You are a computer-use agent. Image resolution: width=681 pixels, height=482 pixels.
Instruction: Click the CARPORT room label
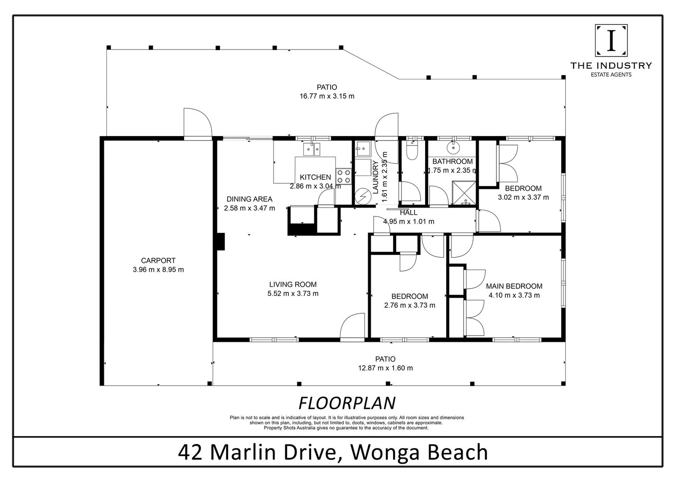point(158,261)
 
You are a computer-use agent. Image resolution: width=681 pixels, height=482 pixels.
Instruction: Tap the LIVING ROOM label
point(293,284)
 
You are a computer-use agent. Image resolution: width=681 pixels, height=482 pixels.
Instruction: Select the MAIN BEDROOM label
point(514,286)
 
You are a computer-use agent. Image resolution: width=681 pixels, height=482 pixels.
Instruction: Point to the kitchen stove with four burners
point(344,176)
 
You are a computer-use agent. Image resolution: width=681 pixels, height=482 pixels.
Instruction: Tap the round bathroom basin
point(453,148)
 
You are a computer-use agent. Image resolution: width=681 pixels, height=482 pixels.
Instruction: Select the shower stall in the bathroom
point(464,193)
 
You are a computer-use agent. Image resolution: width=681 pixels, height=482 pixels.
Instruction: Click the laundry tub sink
point(363,149)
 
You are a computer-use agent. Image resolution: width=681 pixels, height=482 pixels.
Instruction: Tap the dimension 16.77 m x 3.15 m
point(327,96)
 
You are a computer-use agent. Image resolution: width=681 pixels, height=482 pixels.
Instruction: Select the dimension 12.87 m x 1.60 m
point(385,368)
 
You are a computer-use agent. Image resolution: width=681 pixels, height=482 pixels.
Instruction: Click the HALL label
point(409,212)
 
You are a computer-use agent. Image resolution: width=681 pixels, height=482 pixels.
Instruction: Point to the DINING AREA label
point(249,199)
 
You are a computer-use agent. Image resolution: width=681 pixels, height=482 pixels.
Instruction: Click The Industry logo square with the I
point(611,41)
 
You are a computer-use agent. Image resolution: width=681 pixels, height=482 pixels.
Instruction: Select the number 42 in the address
point(190,452)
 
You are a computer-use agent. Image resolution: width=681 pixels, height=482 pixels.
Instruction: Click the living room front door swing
point(352,325)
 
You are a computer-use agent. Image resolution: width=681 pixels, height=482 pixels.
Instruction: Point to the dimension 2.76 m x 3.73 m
point(410,305)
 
